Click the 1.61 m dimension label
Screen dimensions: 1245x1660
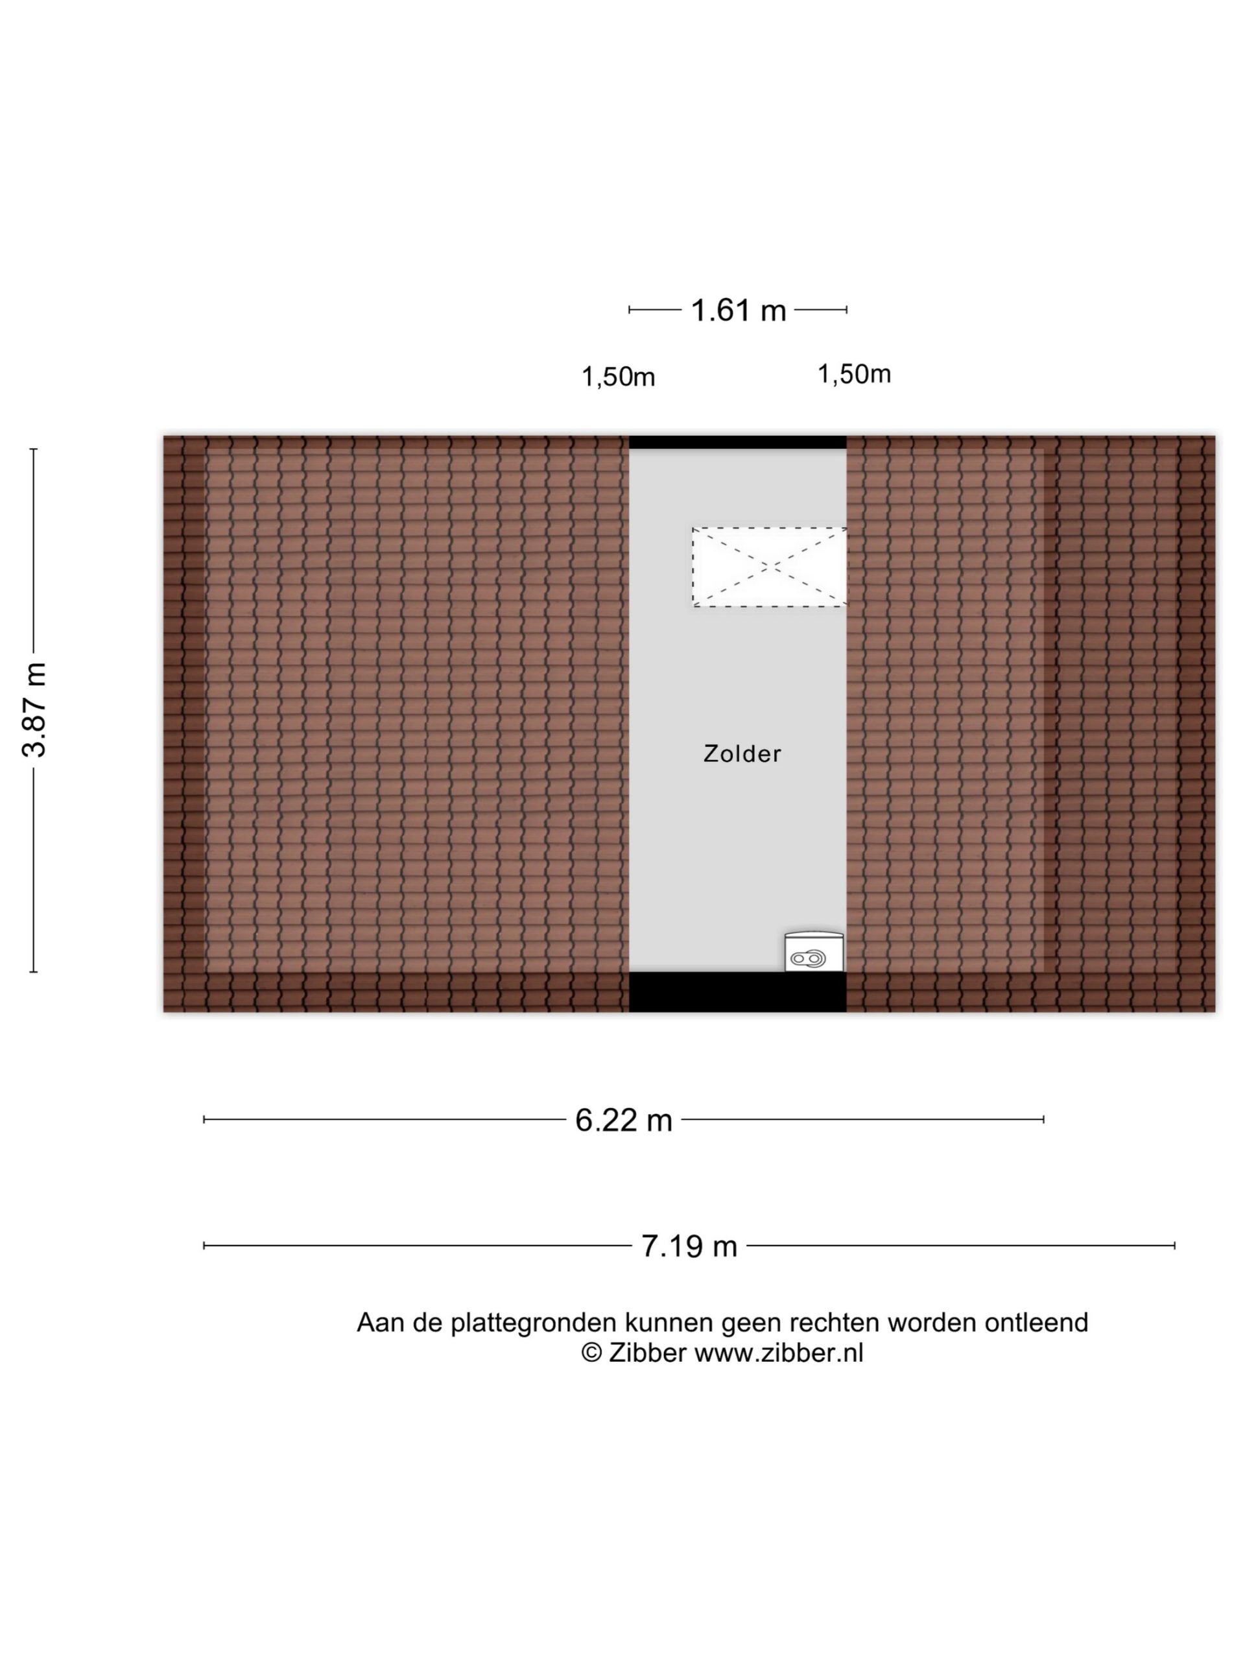tap(739, 310)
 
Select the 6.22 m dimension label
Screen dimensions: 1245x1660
tap(624, 1120)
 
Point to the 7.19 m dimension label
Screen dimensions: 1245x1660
tap(689, 1246)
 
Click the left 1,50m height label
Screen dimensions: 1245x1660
tap(619, 377)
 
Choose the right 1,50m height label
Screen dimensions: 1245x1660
tap(854, 373)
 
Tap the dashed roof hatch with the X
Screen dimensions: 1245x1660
tap(769, 567)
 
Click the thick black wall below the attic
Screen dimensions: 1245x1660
tap(738, 991)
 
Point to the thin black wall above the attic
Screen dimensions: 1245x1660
tap(738, 442)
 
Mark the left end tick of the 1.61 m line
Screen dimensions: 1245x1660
tap(629, 309)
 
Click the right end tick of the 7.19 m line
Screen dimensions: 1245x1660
tap(1174, 1246)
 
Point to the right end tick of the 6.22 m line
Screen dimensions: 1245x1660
tap(1043, 1120)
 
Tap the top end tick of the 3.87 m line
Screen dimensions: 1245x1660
tap(33, 449)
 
